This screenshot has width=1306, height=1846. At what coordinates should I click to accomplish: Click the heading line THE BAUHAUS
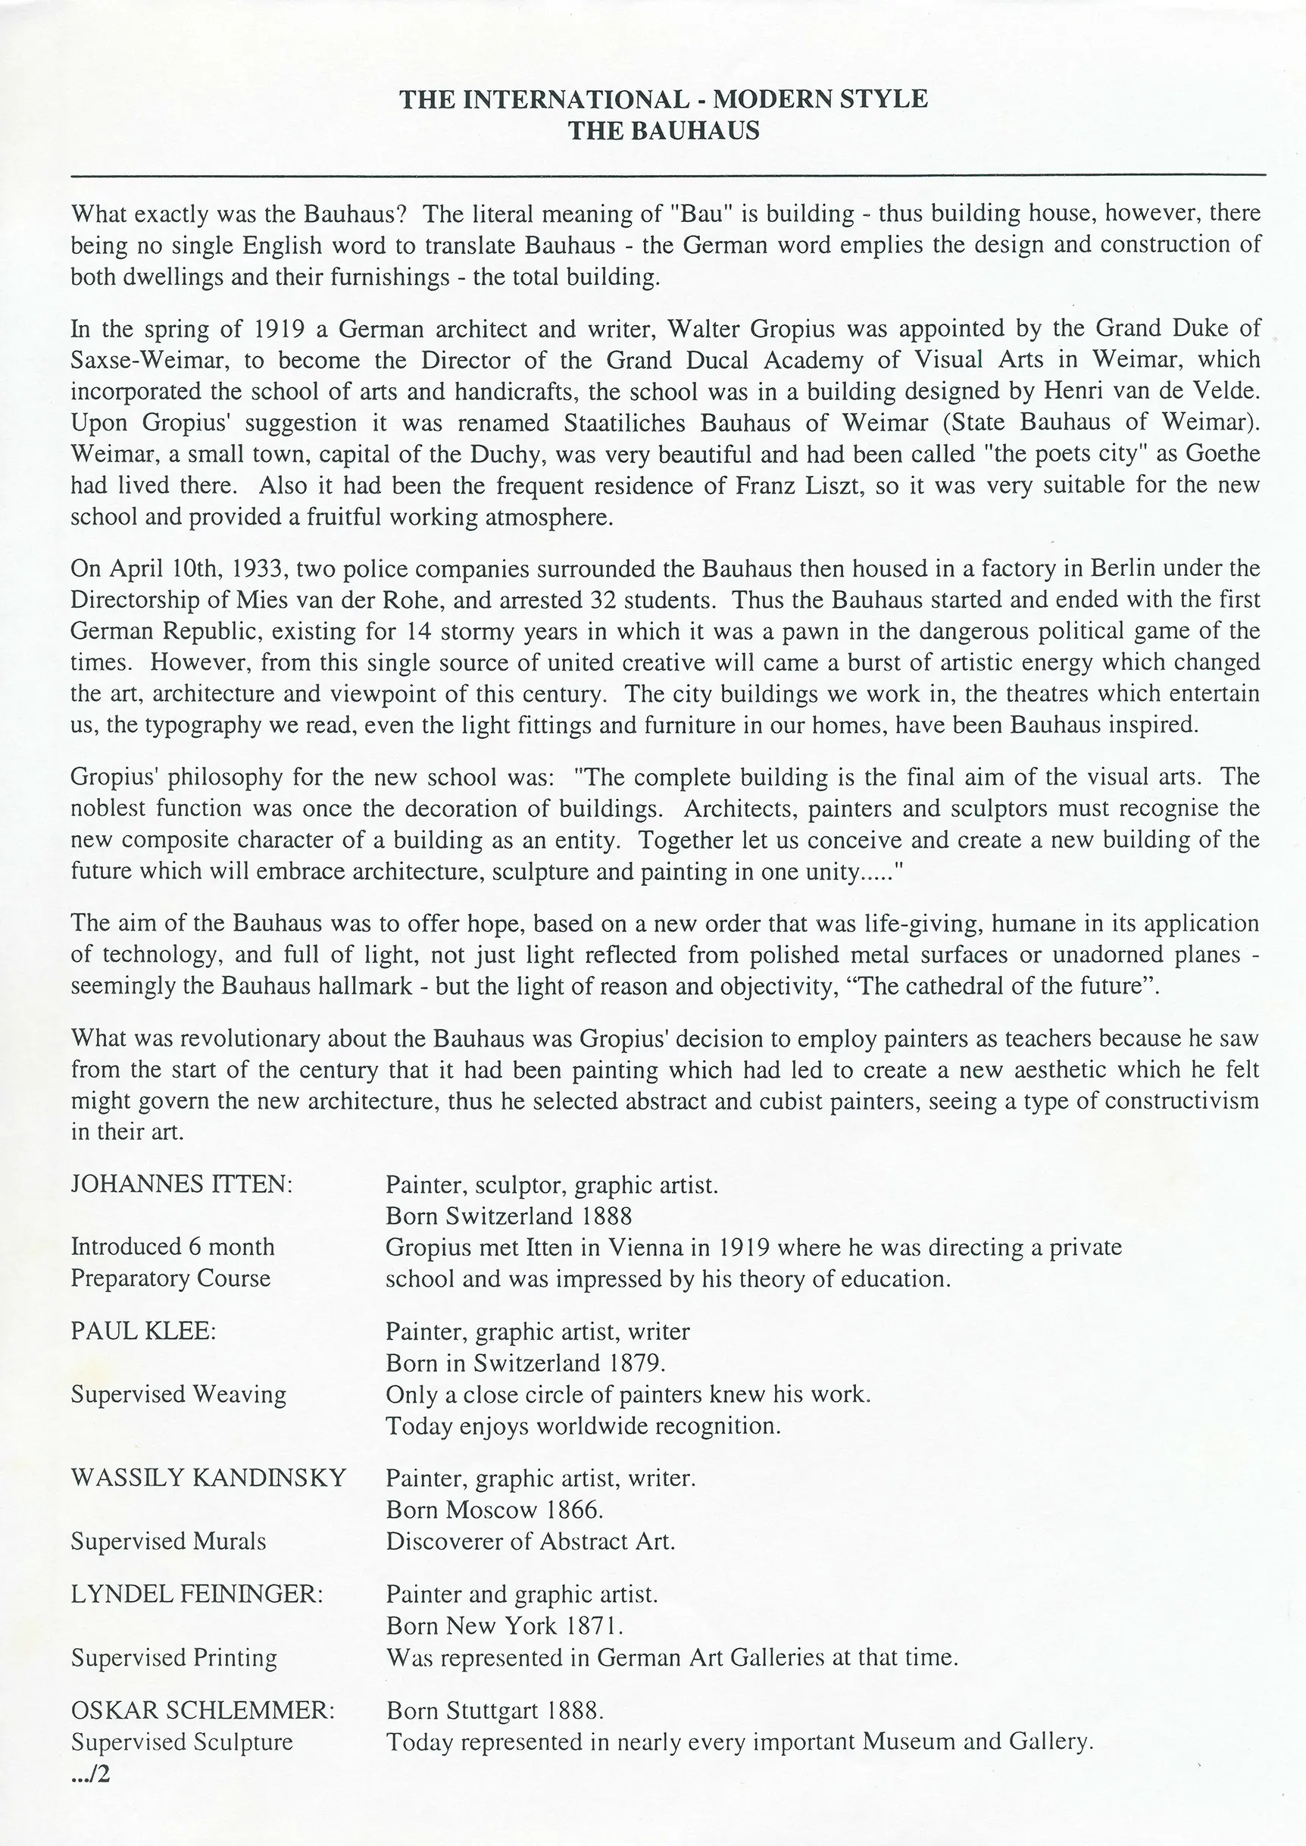click(664, 130)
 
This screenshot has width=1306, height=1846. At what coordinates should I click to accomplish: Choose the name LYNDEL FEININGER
click(196, 1594)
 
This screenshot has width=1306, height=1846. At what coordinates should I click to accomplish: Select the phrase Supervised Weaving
click(178, 1394)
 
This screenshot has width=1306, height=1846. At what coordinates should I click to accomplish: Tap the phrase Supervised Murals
click(168, 1541)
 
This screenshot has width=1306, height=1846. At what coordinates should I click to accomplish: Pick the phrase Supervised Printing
click(173, 1657)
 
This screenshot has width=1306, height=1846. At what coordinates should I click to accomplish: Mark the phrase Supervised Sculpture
click(182, 1741)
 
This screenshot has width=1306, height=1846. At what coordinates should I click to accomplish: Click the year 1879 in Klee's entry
click(637, 1363)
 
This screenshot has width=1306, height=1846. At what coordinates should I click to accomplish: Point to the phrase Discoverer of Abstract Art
click(530, 1541)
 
